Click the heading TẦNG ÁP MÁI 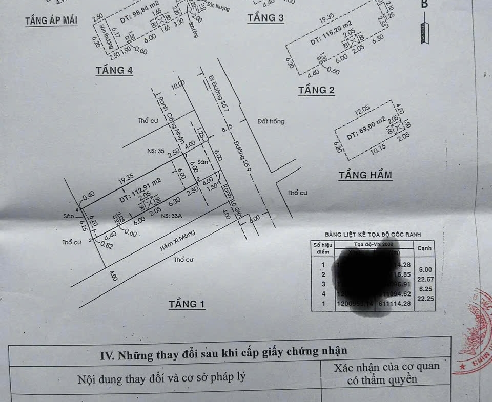pyautogui.click(x=51, y=21)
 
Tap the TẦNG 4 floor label pyautogui.click(x=114, y=70)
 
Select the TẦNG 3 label pyautogui.click(x=265, y=18)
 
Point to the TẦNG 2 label pyautogui.click(x=317, y=90)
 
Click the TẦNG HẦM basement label pyautogui.click(x=365, y=175)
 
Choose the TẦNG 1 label pyautogui.click(x=187, y=304)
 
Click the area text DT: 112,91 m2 pyautogui.click(x=133, y=189)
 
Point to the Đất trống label pyautogui.click(x=271, y=121)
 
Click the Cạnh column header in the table pyautogui.click(x=425, y=248)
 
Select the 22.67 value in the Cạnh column pyautogui.click(x=425, y=279)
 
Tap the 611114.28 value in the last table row pyautogui.click(x=396, y=304)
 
